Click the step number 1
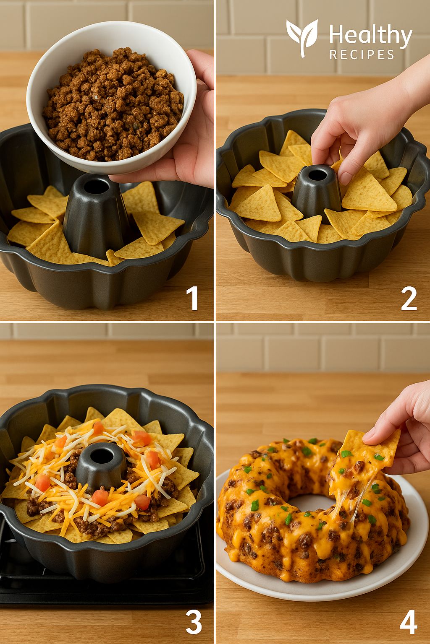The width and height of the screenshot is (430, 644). coord(192,299)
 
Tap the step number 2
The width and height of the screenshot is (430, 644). coord(409,299)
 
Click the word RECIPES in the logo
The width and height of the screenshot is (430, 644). coord(362,55)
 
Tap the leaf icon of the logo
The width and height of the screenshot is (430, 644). coord(302,37)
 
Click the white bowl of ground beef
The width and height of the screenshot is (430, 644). coord(111,98)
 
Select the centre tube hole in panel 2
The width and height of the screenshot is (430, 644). coord(317,174)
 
